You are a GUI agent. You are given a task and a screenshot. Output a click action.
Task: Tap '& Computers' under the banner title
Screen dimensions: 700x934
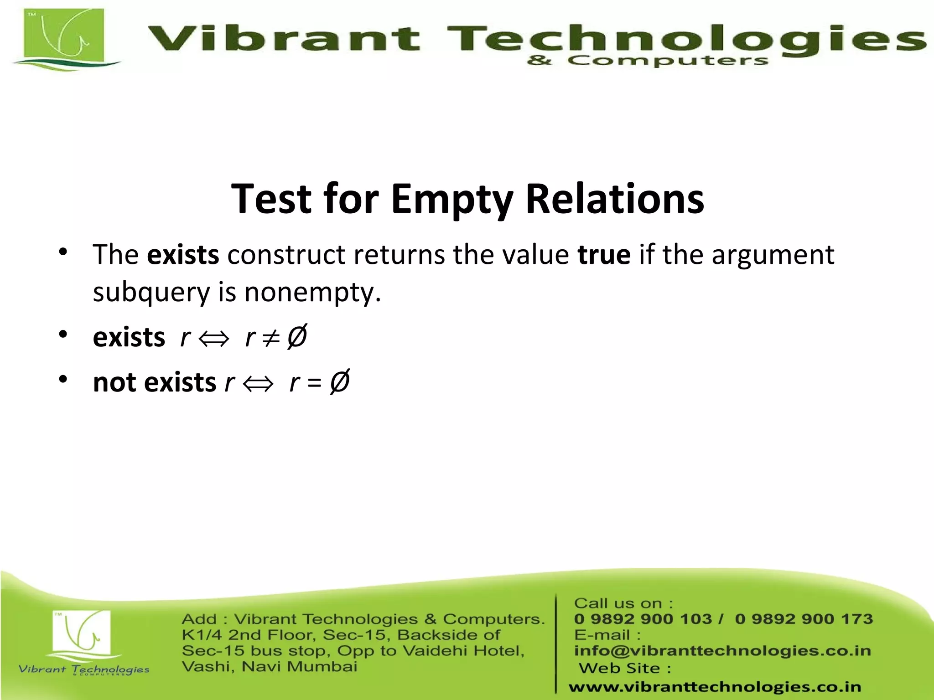(648, 61)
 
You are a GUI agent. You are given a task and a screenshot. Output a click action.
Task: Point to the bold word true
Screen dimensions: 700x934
(604, 254)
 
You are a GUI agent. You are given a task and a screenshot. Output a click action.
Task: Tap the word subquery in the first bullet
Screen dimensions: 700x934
(151, 292)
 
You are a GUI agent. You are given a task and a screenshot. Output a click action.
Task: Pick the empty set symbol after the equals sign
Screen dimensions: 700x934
(339, 381)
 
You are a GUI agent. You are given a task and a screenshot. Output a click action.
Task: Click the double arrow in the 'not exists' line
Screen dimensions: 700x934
(258, 383)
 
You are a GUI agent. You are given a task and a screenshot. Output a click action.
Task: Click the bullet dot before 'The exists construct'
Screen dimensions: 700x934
(63, 252)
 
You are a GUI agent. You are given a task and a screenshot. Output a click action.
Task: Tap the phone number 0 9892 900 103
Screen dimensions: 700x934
(643, 619)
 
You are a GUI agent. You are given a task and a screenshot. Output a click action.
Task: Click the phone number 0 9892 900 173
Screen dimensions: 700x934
(804, 619)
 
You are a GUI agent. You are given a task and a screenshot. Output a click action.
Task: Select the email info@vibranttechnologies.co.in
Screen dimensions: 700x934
(722, 651)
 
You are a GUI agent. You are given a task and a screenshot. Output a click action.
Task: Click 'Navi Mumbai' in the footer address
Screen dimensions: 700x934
(299, 667)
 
